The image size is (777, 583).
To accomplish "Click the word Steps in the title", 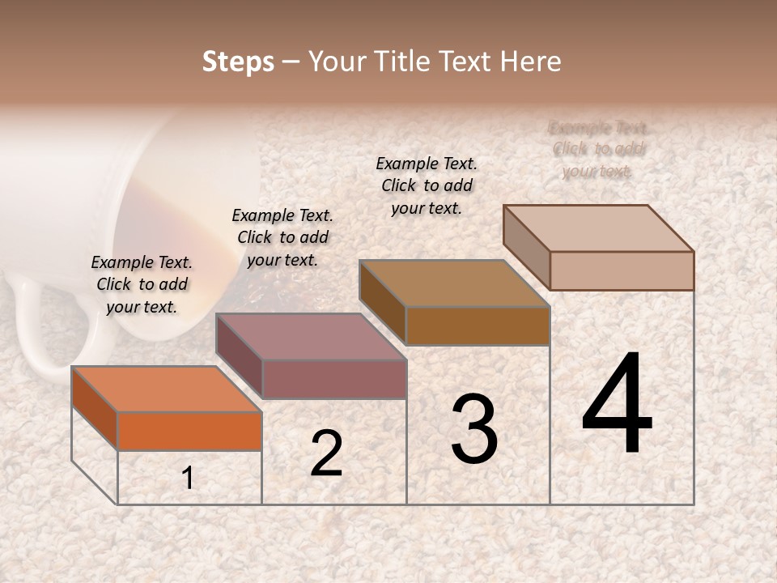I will click(238, 62).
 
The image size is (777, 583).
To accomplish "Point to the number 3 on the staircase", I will click(473, 429).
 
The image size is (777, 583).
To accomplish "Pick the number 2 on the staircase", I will click(326, 453).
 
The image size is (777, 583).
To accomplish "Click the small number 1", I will click(188, 479).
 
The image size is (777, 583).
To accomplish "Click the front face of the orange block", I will click(189, 431).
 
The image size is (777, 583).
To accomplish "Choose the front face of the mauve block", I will click(334, 379).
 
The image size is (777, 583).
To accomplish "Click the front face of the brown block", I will click(478, 326).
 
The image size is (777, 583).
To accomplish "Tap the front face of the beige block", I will click(622, 270).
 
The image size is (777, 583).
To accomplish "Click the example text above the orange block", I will click(142, 284).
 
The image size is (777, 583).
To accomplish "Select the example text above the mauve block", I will click(282, 237).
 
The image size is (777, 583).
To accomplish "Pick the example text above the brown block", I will click(427, 185).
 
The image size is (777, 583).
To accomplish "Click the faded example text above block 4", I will click(599, 149).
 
